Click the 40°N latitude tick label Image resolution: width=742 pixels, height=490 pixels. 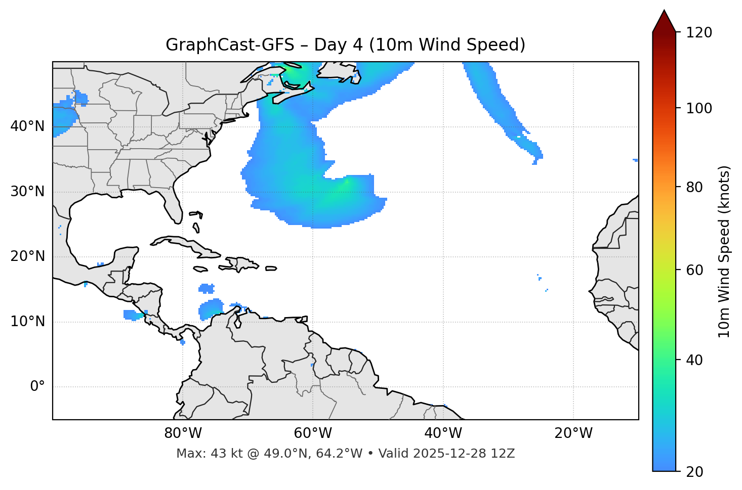[27, 126]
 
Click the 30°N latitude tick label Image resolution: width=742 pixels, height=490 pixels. [27, 192]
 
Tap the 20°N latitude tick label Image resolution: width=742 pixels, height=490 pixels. [27, 256]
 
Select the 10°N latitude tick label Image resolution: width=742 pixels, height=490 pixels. [27, 322]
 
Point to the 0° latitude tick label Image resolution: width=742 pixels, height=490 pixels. [37, 387]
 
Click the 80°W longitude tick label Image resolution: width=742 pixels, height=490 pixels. [183, 433]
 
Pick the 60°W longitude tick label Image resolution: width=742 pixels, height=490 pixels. [313, 433]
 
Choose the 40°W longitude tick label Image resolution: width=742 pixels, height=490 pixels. [443, 433]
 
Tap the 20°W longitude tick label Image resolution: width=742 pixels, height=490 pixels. [573, 433]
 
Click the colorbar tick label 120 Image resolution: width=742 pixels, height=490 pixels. [698, 33]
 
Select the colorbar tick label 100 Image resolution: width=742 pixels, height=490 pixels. [698, 108]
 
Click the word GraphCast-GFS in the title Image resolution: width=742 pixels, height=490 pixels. [230, 45]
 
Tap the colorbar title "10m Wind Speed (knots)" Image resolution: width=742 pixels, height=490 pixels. [724, 252]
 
